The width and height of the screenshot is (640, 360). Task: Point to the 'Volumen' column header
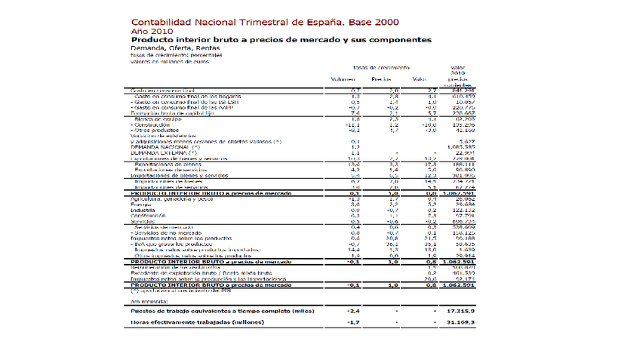(x=343, y=78)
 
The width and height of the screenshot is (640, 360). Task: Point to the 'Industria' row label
(x=143, y=209)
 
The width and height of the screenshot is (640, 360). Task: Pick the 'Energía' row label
(x=141, y=204)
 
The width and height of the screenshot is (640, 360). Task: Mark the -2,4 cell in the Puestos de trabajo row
(x=350, y=310)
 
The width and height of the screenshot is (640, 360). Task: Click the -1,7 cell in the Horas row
(x=350, y=323)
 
